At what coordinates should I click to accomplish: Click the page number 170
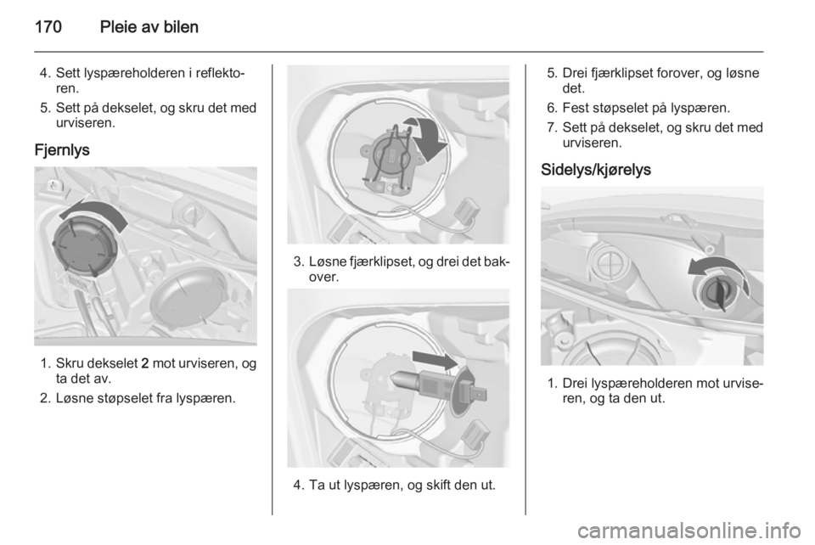point(48,26)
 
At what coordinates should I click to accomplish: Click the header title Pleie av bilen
point(149,26)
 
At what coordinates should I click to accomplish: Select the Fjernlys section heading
point(62,150)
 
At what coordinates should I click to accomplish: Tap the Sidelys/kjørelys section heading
point(596,170)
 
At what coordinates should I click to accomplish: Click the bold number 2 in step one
point(145,363)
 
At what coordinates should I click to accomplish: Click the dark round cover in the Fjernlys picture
point(85,245)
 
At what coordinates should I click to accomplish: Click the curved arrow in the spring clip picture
point(428,136)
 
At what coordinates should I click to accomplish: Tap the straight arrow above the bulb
point(436,359)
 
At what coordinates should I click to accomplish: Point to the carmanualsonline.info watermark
point(689,531)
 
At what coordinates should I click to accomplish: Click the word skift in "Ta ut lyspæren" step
point(439,486)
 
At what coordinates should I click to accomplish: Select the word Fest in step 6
point(576,108)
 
